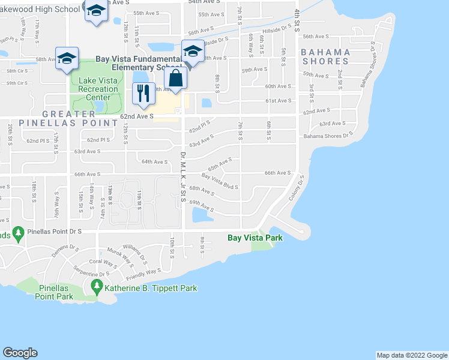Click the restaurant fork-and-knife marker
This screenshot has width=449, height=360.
click(x=142, y=92)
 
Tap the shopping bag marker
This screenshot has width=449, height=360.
click(x=176, y=79)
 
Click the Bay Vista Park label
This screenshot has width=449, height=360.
click(x=255, y=238)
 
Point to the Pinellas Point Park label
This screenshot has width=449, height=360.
click(x=56, y=292)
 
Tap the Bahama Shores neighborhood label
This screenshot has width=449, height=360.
click(x=326, y=56)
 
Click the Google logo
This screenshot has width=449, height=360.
click(x=20, y=353)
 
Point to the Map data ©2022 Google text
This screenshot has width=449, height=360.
click(x=411, y=355)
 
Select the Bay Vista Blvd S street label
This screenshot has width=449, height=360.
click(x=220, y=181)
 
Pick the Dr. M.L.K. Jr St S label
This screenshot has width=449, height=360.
click(x=182, y=180)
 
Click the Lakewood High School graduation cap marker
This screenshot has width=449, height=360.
click(x=95, y=11)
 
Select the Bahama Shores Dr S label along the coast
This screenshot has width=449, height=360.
click(x=326, y=136)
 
